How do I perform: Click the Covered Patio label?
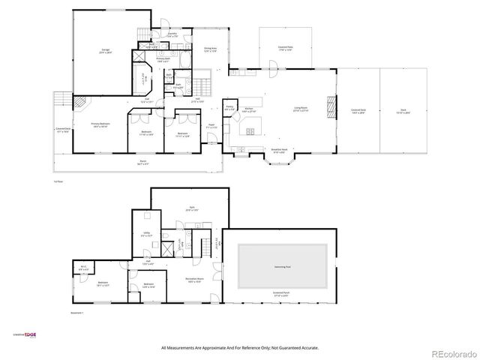(x=286, y=47)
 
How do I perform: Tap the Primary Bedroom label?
(x=99, y=126)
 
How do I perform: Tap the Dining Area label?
(x=210, y=50)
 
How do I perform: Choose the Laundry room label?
(x=172, y=34)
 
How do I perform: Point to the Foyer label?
(x=212, y=127)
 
